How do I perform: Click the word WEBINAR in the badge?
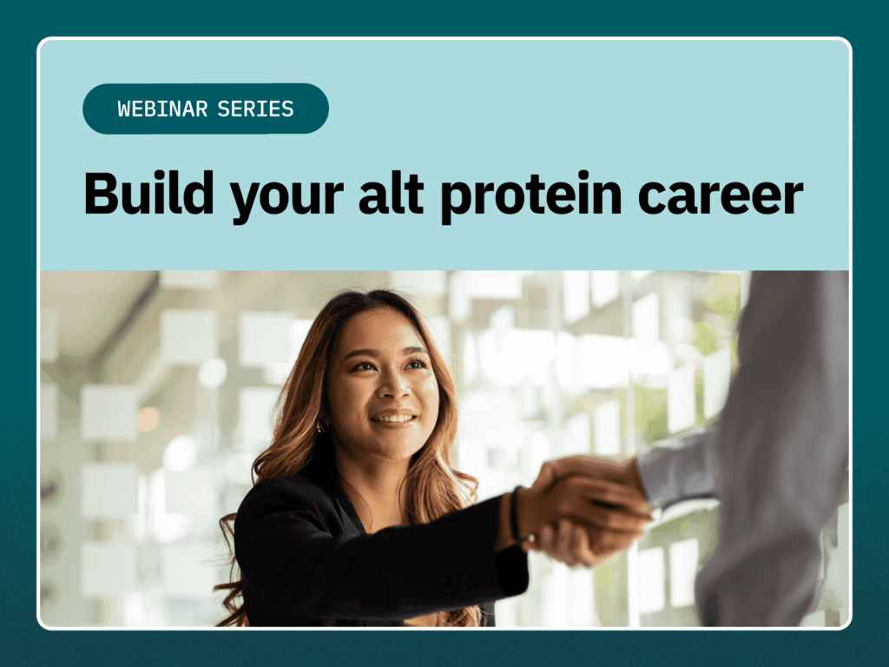(162, 109)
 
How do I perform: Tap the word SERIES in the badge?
(256, 109)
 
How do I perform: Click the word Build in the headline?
(148, 194)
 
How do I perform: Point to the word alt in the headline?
(392, 194)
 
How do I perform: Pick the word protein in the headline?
(531, 197)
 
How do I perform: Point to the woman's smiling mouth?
(393, 419)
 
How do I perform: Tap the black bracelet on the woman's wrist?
(516, 514)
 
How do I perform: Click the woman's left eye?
(416, 364)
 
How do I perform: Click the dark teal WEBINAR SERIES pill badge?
(205, 109)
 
